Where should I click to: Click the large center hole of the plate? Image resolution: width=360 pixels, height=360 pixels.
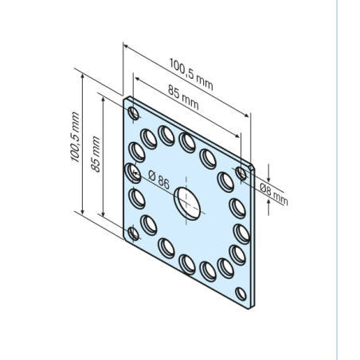click(187, 204)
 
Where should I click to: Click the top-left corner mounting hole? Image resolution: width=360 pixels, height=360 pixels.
click(134, 113)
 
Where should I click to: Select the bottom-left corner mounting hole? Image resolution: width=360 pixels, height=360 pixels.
click(134, 234)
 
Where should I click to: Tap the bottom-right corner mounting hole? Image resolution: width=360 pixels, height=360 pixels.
click(241, 294)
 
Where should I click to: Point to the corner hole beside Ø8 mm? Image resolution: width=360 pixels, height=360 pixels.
click(241, 174)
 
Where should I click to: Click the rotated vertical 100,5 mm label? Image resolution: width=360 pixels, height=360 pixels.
click(75, 137)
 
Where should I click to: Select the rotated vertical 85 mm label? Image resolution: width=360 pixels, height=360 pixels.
click(96, 155)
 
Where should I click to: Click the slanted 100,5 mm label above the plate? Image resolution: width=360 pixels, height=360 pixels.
click(191, 75)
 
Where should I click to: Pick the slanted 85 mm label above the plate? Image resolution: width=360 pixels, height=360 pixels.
click(183, 97)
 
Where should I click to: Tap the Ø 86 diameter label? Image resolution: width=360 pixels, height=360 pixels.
click(158, 180)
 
